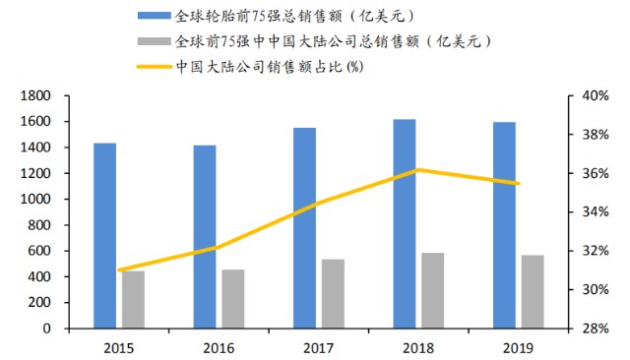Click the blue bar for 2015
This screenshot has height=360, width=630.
tap(105, 236)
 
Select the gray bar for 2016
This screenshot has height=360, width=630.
tap(233, 299)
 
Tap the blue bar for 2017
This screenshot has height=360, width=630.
tap(304, 228)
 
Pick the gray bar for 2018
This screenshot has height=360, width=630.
tap(433, 290)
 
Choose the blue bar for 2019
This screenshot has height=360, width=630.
tap(504, 225)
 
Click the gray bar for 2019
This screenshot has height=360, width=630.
tap(533, 292)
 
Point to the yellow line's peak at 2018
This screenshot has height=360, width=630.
tap(418, 170)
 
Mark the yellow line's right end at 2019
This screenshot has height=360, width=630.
tap(519, 183)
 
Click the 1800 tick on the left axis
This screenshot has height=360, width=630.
tap(66, 96)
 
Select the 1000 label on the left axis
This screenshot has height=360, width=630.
tap(35, 199)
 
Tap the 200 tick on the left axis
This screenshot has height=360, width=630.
tap(66, 303)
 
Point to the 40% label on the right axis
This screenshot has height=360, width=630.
tap(596, 96)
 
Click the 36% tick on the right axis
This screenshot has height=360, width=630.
tap(571, 173)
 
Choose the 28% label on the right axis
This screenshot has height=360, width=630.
tap(596, 329)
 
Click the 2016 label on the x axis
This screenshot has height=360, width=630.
tap(219, 348)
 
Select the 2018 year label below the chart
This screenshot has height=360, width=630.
tap(418, 348)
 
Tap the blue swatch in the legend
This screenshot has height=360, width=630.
tap(155, 16)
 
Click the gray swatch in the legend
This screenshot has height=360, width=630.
tap(155, 41)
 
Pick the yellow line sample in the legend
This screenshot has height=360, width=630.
tap(155, 67)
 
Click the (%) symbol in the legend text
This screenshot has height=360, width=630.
tap(354, 67)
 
